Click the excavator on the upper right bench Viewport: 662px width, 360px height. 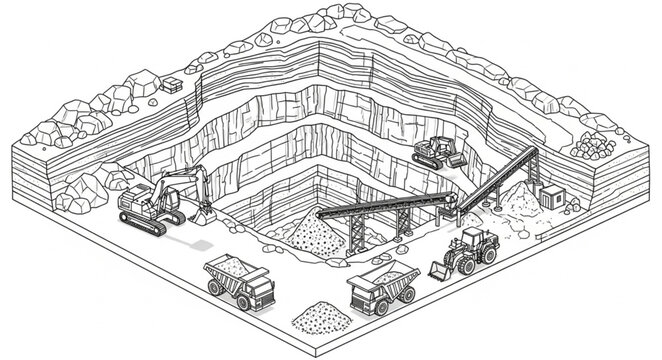pos(437,151)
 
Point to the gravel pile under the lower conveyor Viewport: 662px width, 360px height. pos(305,236)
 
